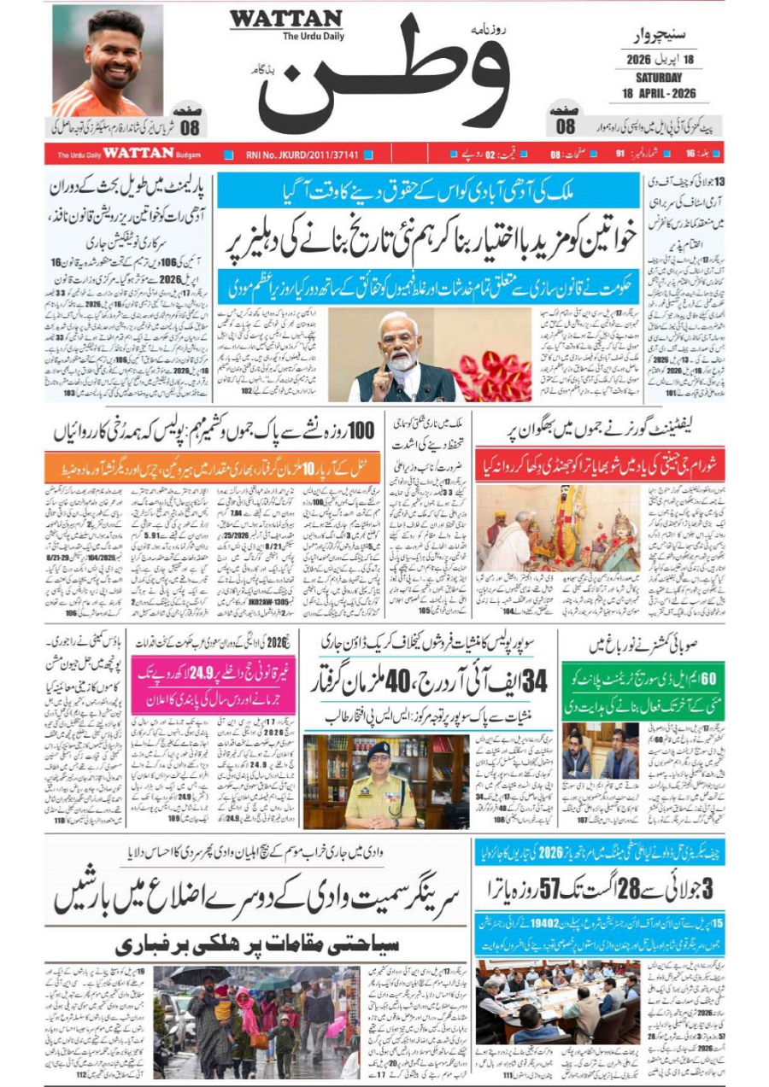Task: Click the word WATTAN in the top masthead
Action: pyautogui.click(x=285, y=19)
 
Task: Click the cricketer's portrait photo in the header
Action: pyautogui.click(x=108, y=60)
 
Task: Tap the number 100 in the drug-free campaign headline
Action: pyautogui.click(x=356, y=432)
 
